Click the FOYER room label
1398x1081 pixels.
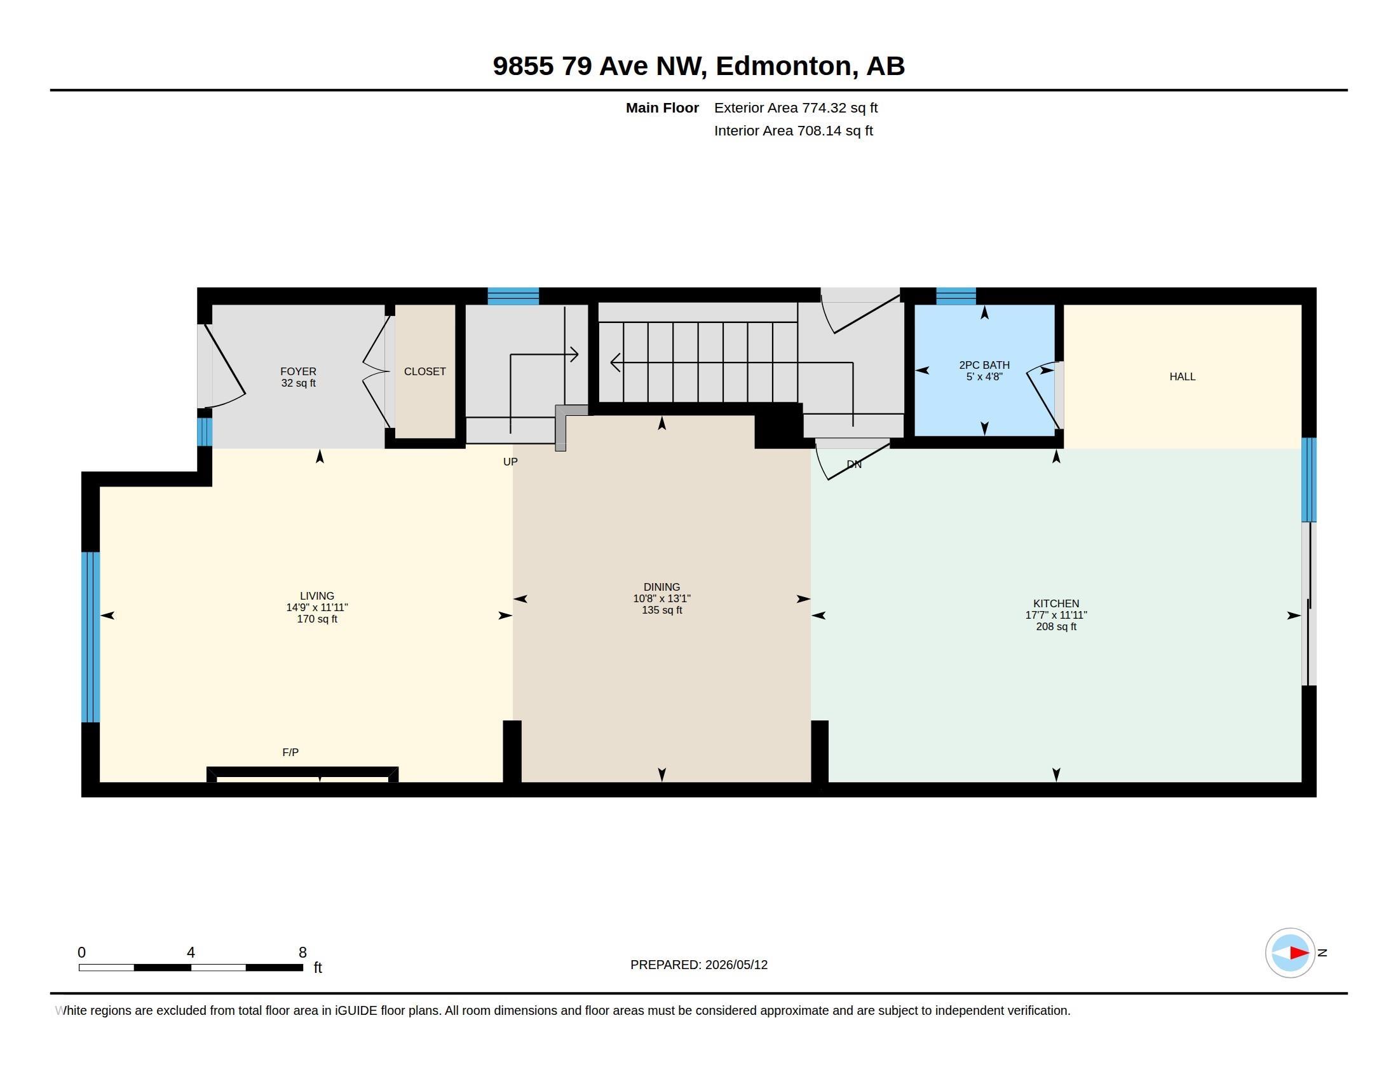coord(298,371)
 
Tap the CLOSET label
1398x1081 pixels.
coord(425,371)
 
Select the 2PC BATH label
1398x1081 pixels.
coord(984,365)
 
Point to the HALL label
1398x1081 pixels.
coord(1183,376)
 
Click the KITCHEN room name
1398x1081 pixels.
coord(1056,603)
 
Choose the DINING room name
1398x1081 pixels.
coord(662,587)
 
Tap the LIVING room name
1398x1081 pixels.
coord(317,596)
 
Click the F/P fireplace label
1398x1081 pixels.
coord(290,752)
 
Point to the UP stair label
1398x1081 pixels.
coord(510,462)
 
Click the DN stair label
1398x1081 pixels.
coord(854,464)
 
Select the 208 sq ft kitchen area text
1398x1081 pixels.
coord(1056,626)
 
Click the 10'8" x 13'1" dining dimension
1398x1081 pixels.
coord(662,598)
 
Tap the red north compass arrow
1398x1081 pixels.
coord(1299,953)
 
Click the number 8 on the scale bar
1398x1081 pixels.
coord(302,953)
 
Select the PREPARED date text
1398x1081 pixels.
coord(699,965)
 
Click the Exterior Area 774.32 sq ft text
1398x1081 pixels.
coord(796,107)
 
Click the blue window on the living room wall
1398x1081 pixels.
coord(91,637)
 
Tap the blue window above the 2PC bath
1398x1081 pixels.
coord(956,296)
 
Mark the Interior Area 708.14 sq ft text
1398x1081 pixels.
coord(793,130)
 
